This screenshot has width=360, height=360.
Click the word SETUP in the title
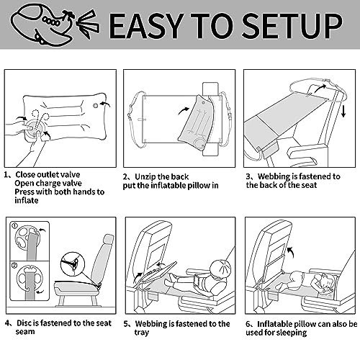tap(292, 25)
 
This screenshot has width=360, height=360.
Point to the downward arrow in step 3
tap(343, 112)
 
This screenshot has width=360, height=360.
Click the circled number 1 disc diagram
tap(30, 241)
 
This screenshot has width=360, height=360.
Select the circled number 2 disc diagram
tap(30, 282)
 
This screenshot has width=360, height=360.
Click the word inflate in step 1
tap(27, 200)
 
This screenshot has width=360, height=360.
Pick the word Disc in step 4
tap(24, 323)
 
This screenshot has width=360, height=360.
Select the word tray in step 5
tap(142, 333)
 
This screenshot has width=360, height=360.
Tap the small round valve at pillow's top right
tap(95, 106)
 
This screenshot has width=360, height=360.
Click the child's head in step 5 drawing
tap(220, 269)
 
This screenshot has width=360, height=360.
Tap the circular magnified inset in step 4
tap(73, 264)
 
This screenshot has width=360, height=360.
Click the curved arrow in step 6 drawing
tap(291, 251)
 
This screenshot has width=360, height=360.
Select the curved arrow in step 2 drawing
tap(184, 111)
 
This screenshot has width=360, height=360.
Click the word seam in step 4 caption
tap(25, 332)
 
